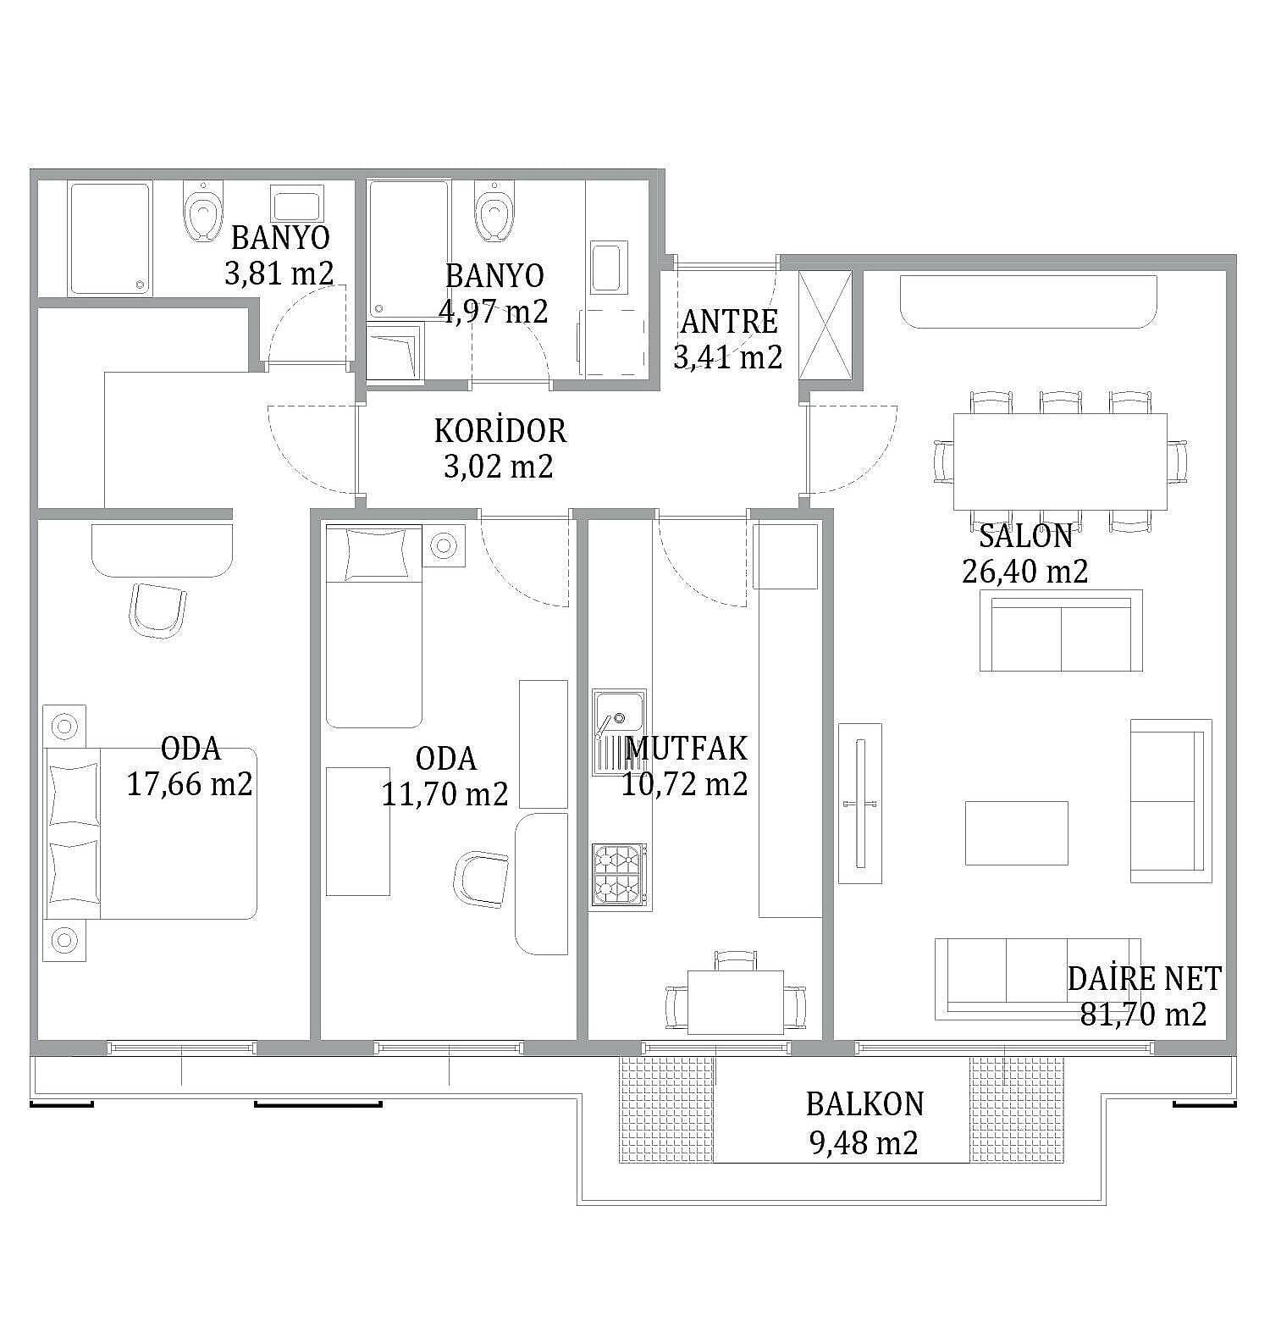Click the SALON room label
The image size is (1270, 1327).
click(x=1025, y=536)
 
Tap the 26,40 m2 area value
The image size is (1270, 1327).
click(x=1024, y=572)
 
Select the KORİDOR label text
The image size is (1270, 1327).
click(x=500, y=430)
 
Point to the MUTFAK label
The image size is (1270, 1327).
click(x=686, y=749)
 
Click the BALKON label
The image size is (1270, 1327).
click(x=864, y=1104)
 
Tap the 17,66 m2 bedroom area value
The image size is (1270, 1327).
click(x=190, y=784)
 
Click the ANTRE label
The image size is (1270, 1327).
click(x=729, y=322)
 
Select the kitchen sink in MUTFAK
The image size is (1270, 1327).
click(x=619, y=732)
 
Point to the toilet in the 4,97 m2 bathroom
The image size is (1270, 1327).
click(x=494, y=211)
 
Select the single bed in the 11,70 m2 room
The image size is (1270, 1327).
click(x=374, y=626)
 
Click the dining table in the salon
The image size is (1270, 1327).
click(x=1060, y=462)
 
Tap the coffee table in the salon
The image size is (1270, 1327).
click(x=1016, y=833)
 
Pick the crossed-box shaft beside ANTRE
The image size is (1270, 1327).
click(x=825, y=326)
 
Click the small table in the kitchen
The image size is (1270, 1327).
click(x=736, y=1002)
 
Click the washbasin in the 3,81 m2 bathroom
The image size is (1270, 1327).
click(x=296, y=203)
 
